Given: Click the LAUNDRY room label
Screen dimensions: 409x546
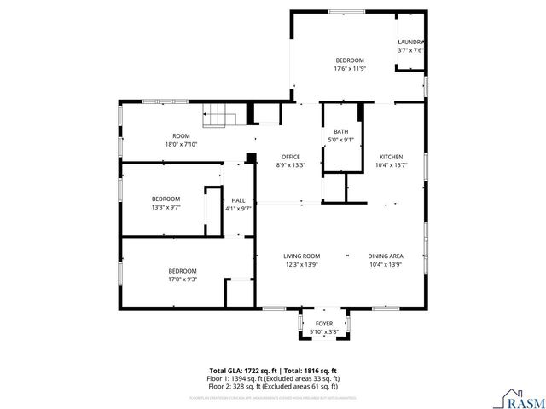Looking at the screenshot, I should (x=411, y=43).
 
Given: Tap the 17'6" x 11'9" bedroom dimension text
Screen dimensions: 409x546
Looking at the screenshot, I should (x=350, y=69).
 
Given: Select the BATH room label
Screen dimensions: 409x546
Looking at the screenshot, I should (x=340, y=131).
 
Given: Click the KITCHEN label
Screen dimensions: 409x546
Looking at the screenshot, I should (x=391, y=157).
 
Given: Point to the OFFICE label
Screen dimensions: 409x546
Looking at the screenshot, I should (x=290, y=157).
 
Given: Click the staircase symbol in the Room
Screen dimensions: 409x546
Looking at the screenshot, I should (x=216, y=115).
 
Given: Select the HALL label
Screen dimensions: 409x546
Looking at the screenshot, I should (x=239, y=199).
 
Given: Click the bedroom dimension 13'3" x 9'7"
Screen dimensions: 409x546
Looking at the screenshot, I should (x=166, y=207).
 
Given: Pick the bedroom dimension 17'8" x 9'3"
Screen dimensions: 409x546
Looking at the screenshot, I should (x=183, y=279).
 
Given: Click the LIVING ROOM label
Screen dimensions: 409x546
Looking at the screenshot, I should (x=301, y=256).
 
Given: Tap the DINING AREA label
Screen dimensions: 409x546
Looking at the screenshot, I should (x=386, y=256).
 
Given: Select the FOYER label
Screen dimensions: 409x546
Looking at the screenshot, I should (x=324, y=324).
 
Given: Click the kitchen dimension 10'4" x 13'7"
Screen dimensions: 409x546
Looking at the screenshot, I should (x=391, y=164).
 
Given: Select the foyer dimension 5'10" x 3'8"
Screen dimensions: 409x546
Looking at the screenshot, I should (x=324, y=331).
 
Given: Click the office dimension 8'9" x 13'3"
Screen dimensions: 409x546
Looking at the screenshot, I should (x=290, y=164).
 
